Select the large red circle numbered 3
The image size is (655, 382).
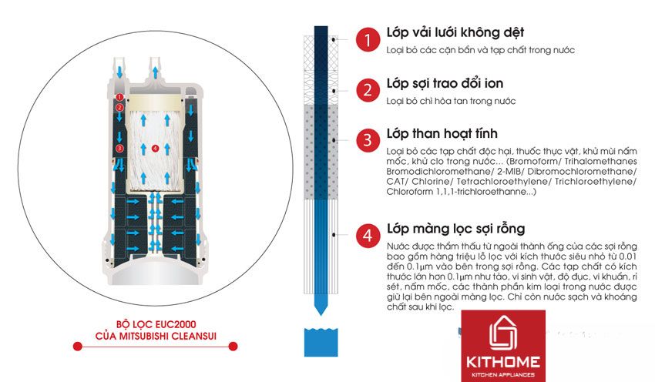(x=368, y=140)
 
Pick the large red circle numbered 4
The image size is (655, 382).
(x=368, y=234)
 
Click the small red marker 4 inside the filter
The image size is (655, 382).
(x=155, y=147)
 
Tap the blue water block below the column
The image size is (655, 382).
(x=320, y=342)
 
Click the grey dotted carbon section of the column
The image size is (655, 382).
(x=320, y=150)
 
